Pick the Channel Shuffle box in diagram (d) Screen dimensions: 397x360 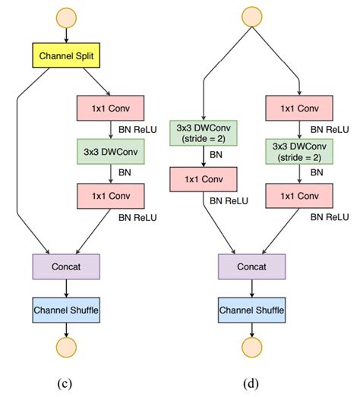click(251, 310)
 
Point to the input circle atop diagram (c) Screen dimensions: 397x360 click(66, 14)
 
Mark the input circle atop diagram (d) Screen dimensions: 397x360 click(251, 14)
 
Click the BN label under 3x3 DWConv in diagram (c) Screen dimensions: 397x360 click(126, 172)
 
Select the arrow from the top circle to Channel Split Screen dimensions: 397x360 click(66, 33)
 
